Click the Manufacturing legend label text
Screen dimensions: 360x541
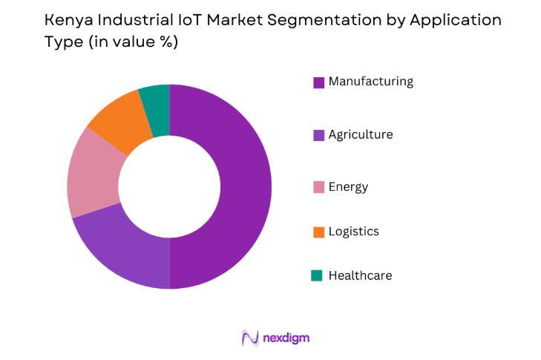tap(370, 82)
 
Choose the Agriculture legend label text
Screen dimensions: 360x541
tap(361, 135)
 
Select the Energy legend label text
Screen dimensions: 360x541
tap(348, 187)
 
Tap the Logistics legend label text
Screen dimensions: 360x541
tap(353, 232)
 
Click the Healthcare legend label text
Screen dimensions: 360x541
tap(360, 276)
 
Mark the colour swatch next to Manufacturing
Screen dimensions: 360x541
tap(318, 82)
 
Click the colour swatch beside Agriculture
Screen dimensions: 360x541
tap(318, 135)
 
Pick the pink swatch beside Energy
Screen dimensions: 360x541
tap(318, 187)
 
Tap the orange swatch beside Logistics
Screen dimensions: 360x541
tap(318, 232)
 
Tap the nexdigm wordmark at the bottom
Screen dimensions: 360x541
tap(286, 338)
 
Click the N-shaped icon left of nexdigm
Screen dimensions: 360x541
tap(249, 338)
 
